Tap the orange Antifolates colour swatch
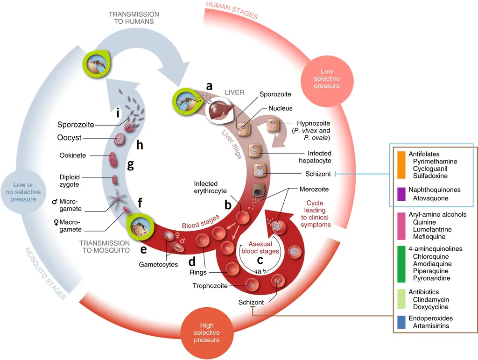click(x=401, y=165)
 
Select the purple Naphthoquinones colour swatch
click(x=401, y=194)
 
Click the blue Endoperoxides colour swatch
click(x=401, y=322)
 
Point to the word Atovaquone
click(x=430, y=198)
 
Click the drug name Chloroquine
click(x=431, y=256)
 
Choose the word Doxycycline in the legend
click(x=430, y=307)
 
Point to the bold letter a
click(x=209, y=85)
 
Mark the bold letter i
click(x=119, y=113)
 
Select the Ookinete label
click(x=72, y=155)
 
